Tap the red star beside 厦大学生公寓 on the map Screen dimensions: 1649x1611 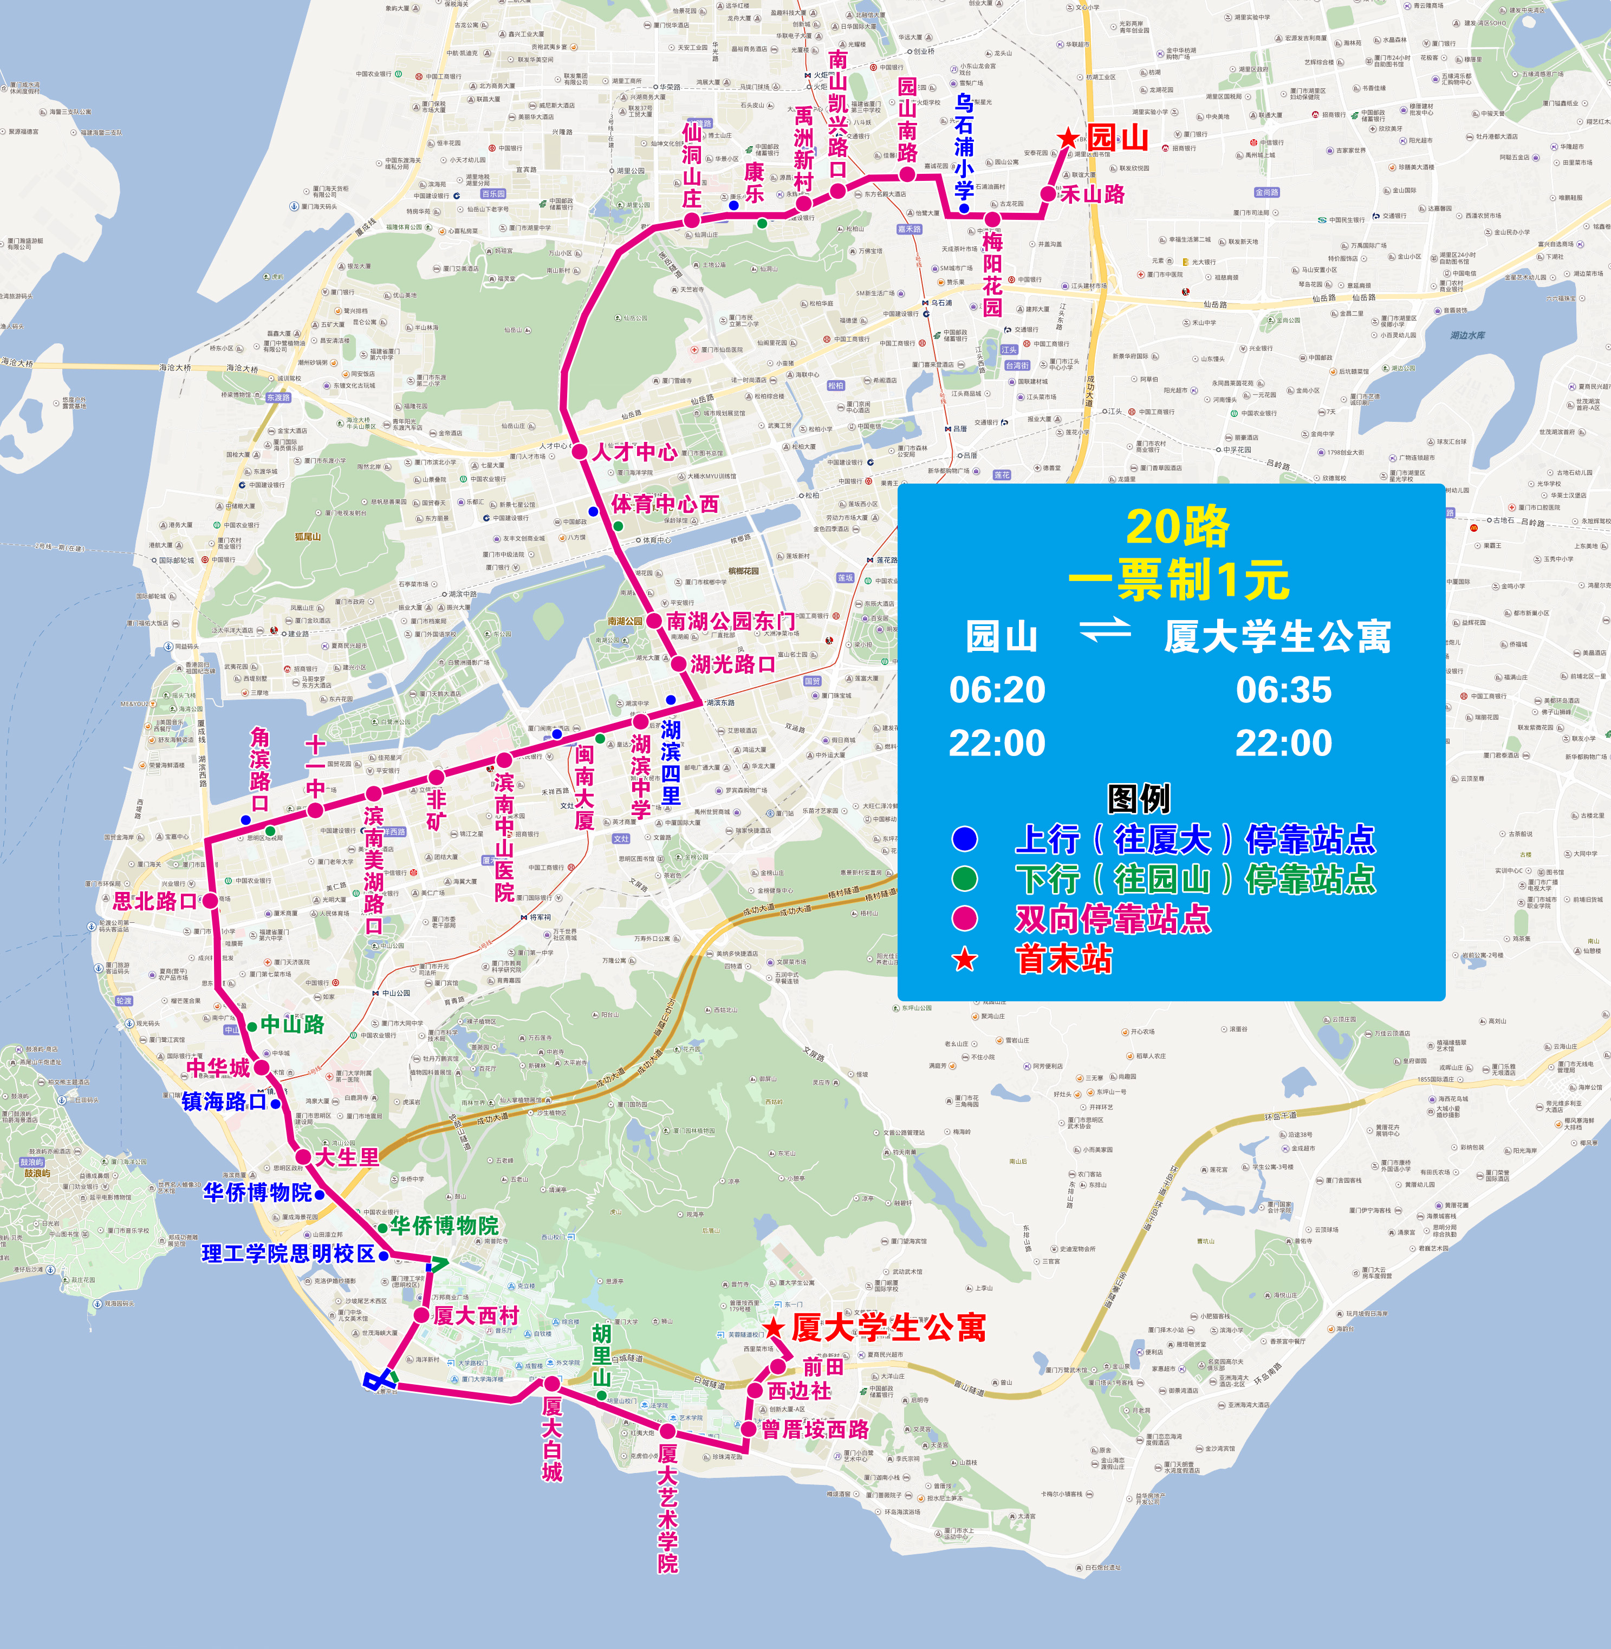coord(774,1327)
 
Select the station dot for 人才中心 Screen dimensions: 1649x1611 coord(580,452)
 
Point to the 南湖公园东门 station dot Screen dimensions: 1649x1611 coord(654,621)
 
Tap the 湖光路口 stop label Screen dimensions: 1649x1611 coord(733,664)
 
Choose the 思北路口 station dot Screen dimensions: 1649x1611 coord(209,900)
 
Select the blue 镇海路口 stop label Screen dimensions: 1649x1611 coord(224,1101)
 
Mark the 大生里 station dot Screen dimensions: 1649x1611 coord(303,1157)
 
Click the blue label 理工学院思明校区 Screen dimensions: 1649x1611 coord(288,1254)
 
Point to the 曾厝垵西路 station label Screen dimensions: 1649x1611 coord(816,1429)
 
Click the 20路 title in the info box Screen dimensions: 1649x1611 coord(1177,526)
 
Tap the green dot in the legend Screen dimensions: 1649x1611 coord(965,878)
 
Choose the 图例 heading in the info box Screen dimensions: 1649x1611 coord(1139,798)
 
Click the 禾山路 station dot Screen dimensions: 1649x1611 coord(1048,194)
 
